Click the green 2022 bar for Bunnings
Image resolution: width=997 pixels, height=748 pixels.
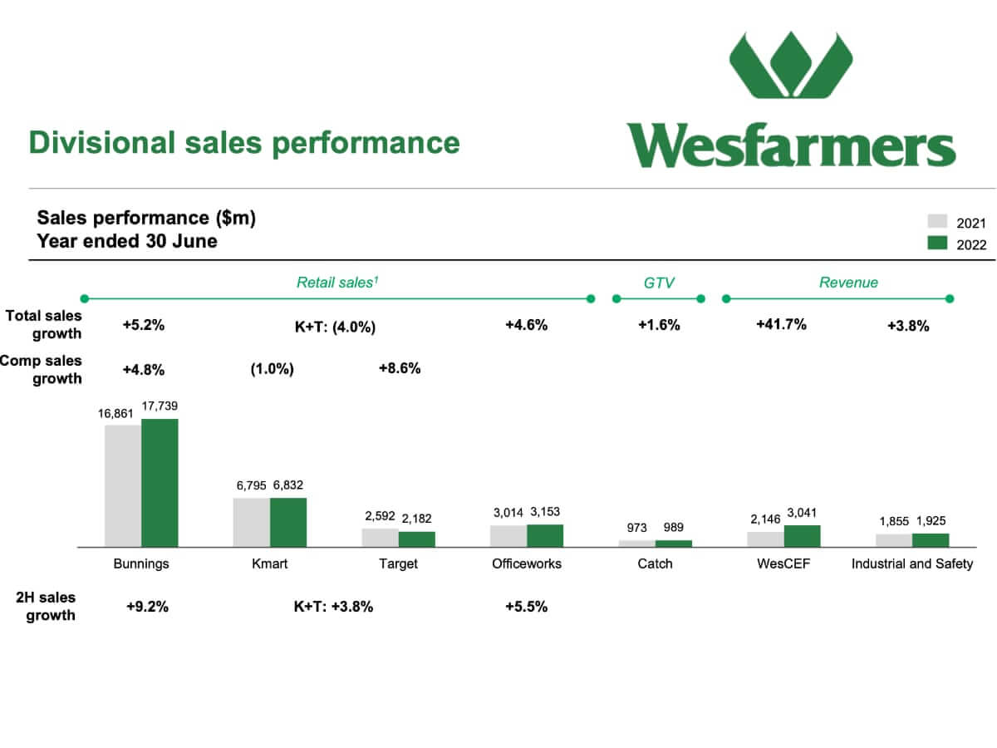click(x=160, y=483)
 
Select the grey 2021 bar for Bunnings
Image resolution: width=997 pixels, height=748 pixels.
click(x=123, y=486)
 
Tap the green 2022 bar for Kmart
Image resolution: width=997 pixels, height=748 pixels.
click(x=288, y=522)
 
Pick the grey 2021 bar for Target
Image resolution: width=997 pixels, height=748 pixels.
click(x=380, y=538)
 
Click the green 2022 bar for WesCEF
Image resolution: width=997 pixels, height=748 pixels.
click(x=802, y=536)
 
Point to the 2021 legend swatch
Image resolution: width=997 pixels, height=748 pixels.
click(x=937, y=221)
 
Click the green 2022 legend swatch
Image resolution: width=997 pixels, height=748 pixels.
click(x=937, y=243)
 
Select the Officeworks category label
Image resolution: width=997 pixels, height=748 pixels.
click(x=527, y=563)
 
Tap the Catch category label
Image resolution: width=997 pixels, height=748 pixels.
click(x=655, y=563)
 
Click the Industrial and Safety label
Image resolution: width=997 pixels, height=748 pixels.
click(x=912, y=563)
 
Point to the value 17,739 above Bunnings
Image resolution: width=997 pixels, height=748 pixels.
click(x=160, y=406)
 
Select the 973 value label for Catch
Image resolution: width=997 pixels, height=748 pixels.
click(x=636, y=528)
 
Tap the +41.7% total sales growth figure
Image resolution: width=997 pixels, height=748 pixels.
click(x=781, y=325)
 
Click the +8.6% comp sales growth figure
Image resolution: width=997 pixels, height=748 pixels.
click(x=400, y=368)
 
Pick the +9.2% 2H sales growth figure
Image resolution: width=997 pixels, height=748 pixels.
click(x=147, y=607)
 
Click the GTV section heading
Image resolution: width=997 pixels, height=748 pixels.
click(x=659, y=283)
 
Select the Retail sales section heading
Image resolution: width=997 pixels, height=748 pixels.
click(x=337, y=283)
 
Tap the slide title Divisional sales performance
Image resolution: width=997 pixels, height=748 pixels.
click(x=244, y=143)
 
